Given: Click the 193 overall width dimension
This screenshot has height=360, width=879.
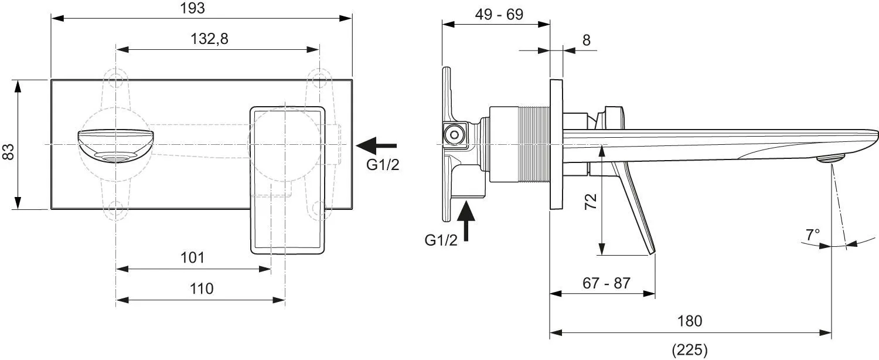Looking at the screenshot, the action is click(192, 8).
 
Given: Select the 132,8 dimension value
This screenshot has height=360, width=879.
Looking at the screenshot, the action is click(209, 39).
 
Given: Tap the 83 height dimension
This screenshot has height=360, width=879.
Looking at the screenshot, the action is click(8, 152).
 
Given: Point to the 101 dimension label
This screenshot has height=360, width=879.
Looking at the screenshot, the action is click(192, 258).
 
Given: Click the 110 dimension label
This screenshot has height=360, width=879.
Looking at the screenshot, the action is click(202, 289).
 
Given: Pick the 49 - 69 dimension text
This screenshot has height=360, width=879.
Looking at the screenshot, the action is click(499, 15).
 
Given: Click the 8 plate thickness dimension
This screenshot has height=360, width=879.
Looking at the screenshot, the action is click(586, 40).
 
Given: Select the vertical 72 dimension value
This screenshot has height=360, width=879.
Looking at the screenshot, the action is click(591, 201).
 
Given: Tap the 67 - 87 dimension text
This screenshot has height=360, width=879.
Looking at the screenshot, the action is click(607, 283).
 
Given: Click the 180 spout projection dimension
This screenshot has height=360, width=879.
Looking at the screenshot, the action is click(690, 321).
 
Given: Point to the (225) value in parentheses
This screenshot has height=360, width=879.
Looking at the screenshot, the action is click(690, 349).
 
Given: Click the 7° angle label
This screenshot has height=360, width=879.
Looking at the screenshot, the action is click(813, 235).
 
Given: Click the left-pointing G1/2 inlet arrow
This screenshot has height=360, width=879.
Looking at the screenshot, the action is click(376, 145).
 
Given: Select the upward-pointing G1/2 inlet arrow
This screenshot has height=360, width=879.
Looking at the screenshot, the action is click(466, 220).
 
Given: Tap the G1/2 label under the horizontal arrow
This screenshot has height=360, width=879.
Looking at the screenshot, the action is click(383, 165).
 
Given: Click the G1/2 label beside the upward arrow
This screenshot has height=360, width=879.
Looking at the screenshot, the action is click(441, 240).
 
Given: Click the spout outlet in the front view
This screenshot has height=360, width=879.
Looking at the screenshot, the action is click(115, 158).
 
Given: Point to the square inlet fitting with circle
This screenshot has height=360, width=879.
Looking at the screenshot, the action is click(454, 135).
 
